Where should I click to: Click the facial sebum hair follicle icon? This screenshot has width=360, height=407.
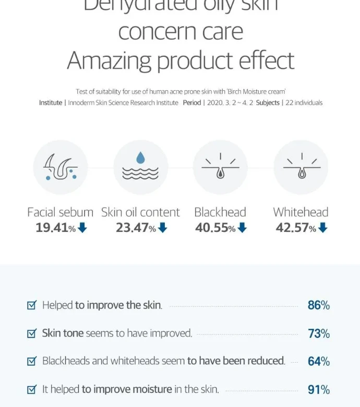[x=61, y=167]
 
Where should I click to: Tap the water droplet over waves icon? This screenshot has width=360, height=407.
[x=140, y=167]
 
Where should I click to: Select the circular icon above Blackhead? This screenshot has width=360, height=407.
[x=220, y=167]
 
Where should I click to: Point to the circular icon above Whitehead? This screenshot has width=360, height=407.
[x=301, y=167]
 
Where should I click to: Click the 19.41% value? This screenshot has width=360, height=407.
[x=55, y=228]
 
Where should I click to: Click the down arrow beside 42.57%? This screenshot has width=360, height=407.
[x=322, y=228]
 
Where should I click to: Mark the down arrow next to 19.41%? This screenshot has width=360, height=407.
[x=82, y=228]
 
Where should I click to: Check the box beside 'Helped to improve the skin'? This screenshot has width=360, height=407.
[x=32, y=305]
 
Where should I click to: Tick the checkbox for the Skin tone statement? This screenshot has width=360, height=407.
[x=32, y=333]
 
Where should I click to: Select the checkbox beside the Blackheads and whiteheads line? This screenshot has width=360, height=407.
[x=32, y=361]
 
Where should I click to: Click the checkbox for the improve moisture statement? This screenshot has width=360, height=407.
[x=32, y=389]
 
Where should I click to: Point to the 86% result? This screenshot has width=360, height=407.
[x=318, y=305]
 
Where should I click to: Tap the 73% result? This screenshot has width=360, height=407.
[x=318, y=334]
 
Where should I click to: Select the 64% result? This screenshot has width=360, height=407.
[x=318, y=361]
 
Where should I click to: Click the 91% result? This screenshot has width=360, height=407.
[x=318, y=389]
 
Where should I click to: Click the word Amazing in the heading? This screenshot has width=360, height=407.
[x=110, y=61]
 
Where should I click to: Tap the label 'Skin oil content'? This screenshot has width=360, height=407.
[x=140, y=212]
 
